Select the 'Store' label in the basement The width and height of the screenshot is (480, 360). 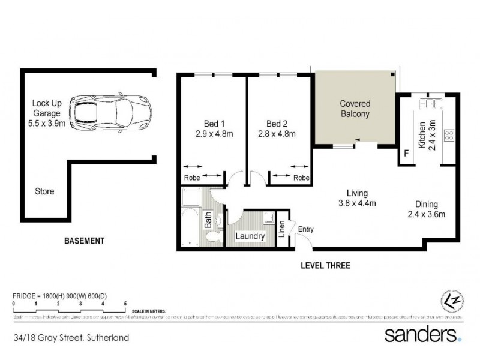click(44, 192)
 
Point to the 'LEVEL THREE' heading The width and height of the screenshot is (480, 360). click(326, 265)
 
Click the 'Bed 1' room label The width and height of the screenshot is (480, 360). click(209, 129)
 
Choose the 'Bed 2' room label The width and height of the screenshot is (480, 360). click(277, 129)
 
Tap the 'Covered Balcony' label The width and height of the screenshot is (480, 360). click(355, 109)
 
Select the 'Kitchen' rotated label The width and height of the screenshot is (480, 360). click(422, 134)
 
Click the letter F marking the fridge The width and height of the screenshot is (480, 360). click(406, 154)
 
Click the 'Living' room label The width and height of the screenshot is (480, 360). click(356, 197)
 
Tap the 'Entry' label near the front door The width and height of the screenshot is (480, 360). click(305, 229)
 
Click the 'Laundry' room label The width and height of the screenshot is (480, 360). click(250, 236)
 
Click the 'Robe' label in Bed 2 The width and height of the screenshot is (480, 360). click(301, 178)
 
